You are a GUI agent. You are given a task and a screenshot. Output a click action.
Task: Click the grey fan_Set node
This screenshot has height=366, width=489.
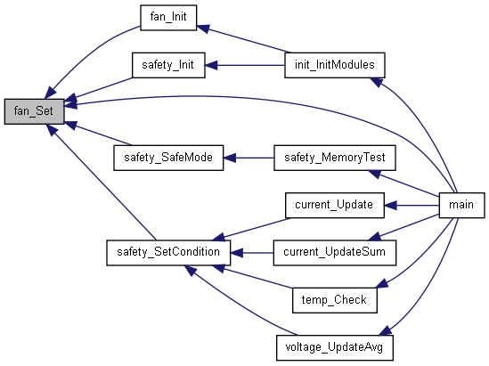(x=35, y=111)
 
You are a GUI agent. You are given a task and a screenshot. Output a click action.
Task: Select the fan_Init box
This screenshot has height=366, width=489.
(x=168, y=18)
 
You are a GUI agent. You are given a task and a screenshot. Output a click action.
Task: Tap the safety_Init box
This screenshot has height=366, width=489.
(x=168, y=65)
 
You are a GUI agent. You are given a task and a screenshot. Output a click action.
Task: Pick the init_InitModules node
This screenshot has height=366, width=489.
(x=335, y=65)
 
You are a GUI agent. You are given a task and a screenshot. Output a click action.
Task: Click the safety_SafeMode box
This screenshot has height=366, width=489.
(x=168, y=158)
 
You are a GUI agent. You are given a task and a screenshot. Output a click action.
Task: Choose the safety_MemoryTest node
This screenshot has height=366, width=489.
(x=335, y=158)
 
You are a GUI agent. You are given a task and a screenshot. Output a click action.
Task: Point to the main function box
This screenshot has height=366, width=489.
(x=461, y=205)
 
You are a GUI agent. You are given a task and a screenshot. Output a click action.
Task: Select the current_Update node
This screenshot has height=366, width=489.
(x=335, y=205)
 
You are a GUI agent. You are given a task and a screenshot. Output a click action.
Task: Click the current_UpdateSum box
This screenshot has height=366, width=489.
(x=335, y=253)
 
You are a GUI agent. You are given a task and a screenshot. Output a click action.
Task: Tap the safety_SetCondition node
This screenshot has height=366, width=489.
(x=168, y=253)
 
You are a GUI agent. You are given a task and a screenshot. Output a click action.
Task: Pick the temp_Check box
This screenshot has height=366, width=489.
(x=335, y=300)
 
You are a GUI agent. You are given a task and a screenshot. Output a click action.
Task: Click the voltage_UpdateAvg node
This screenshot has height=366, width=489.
(x=335, y=348)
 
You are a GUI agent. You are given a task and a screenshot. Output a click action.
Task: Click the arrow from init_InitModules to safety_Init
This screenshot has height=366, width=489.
(x=245, y=66)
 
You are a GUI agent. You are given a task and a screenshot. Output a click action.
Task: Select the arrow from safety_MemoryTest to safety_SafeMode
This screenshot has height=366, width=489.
(x=249, y=158)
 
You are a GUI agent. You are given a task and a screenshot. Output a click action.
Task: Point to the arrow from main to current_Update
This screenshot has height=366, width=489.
(x=412, y=206)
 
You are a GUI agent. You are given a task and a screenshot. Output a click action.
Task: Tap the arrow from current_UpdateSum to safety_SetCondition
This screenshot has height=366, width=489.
(x=252, y=253)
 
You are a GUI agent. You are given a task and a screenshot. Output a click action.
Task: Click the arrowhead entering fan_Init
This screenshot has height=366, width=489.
(x=203, y=28)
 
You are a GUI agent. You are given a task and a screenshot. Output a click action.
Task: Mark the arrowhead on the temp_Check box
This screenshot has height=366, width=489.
(x=382, y=283)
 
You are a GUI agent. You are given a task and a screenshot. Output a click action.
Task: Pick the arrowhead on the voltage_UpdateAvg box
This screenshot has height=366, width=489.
(x=386, y=330)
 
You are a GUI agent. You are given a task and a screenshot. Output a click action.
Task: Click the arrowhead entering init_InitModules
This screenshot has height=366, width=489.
(x=377, y=82)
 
